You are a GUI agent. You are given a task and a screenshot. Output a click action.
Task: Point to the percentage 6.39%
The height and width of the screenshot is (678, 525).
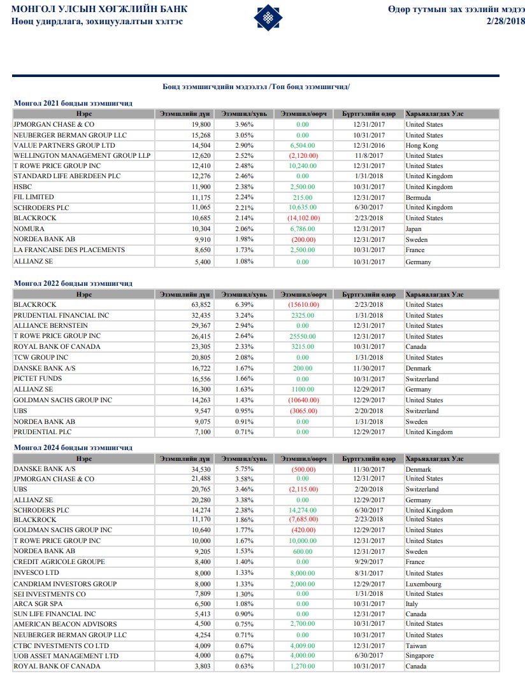pyautogui.click(x=245, y=305)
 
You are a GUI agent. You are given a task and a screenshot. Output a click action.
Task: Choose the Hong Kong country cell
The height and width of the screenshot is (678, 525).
pyautogui.click(x=422, y=146)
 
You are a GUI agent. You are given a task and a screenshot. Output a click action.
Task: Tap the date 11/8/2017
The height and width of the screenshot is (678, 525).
pyautogui.click(x=369, y=156)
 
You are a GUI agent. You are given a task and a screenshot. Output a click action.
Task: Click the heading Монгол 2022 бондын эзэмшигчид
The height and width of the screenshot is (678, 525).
pyautogui.click(x=73, y=283)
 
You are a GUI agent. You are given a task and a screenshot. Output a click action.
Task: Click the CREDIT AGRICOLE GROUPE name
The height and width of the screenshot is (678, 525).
pyautogui.click(x=59, y=562)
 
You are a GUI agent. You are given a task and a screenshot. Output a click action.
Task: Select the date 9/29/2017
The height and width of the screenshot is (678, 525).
pyautogui.click(x=369, y=562)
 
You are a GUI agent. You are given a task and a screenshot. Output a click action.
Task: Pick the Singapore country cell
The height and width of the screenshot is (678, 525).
pyautogui.click(x=420, y=656)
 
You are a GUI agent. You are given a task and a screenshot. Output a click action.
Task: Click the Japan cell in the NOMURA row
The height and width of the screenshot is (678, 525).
pyautogui.click(x=414, y=229)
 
